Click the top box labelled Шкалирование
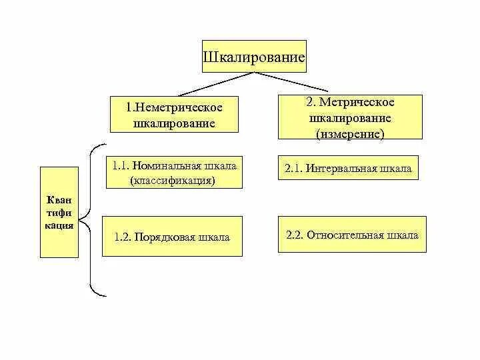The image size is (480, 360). [x=254, y=57]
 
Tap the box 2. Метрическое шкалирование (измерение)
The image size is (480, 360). [x=351, y=117]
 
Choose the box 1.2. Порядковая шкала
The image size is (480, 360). [x=171, y=237]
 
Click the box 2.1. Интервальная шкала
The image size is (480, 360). [x=351, y=169]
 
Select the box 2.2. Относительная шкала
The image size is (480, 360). [x=352, y=235]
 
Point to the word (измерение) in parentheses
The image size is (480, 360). [x=351, y=133]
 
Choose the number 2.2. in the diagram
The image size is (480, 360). [x=295, y=235]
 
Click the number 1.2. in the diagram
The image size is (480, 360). [x=123, y=237]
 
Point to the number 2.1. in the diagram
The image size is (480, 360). [x=294, y=169]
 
